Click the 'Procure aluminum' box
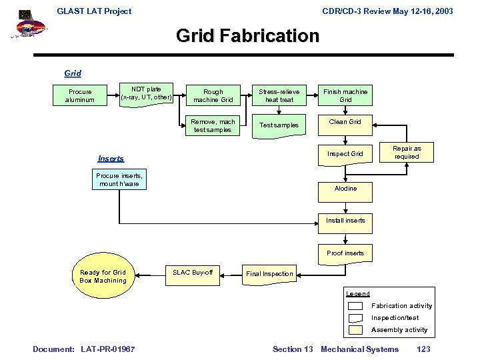pos(80,95)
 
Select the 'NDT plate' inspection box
pos(146,93)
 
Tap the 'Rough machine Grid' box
pos(213,95)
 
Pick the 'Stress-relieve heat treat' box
pos(279,95)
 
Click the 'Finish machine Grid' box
pos(345,95)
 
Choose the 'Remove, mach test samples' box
pos(213,125)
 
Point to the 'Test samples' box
pos(279,125)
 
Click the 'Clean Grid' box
pos(345,122)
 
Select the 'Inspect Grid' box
pos(345,154)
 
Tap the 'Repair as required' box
pos(407,153)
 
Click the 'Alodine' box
pos(345,189)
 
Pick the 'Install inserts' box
pos(345,221)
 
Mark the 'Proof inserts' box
pos(345,253)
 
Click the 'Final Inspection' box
pos(269,273)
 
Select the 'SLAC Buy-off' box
pos(193,273)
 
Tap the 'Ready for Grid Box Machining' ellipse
pos(103,276)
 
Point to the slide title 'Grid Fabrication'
pos(248,35)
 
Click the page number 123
pos(423,349)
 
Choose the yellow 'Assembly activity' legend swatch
pos(355,329)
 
